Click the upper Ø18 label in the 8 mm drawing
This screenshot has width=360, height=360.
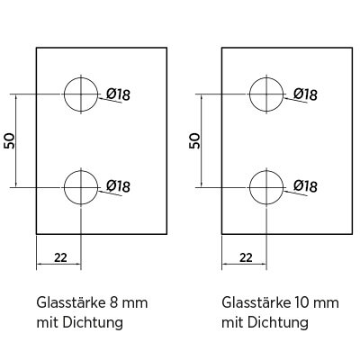(118, 94)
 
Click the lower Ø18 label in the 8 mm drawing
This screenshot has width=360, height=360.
(118, 186)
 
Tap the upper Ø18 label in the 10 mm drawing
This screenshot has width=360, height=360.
(305, 94)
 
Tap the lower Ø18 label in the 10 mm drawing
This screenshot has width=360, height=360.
(305, 186)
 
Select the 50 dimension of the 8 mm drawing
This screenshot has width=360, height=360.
(9, 141)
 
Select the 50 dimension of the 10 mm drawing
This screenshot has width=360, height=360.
(194, 141)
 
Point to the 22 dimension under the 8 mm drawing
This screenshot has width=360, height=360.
(60, 257)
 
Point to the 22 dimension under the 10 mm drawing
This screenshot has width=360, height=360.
(246, 257)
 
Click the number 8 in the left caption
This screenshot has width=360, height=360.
(114, 303)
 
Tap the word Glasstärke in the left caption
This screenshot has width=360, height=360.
(70, 302)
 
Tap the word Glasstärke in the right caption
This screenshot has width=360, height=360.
(256, 302)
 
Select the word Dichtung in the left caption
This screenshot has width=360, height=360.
(93, 323)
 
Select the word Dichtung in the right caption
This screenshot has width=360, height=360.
(278, 323)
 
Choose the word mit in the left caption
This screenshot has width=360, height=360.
(48, 323)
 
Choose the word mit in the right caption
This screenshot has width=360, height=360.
(233, 323)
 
